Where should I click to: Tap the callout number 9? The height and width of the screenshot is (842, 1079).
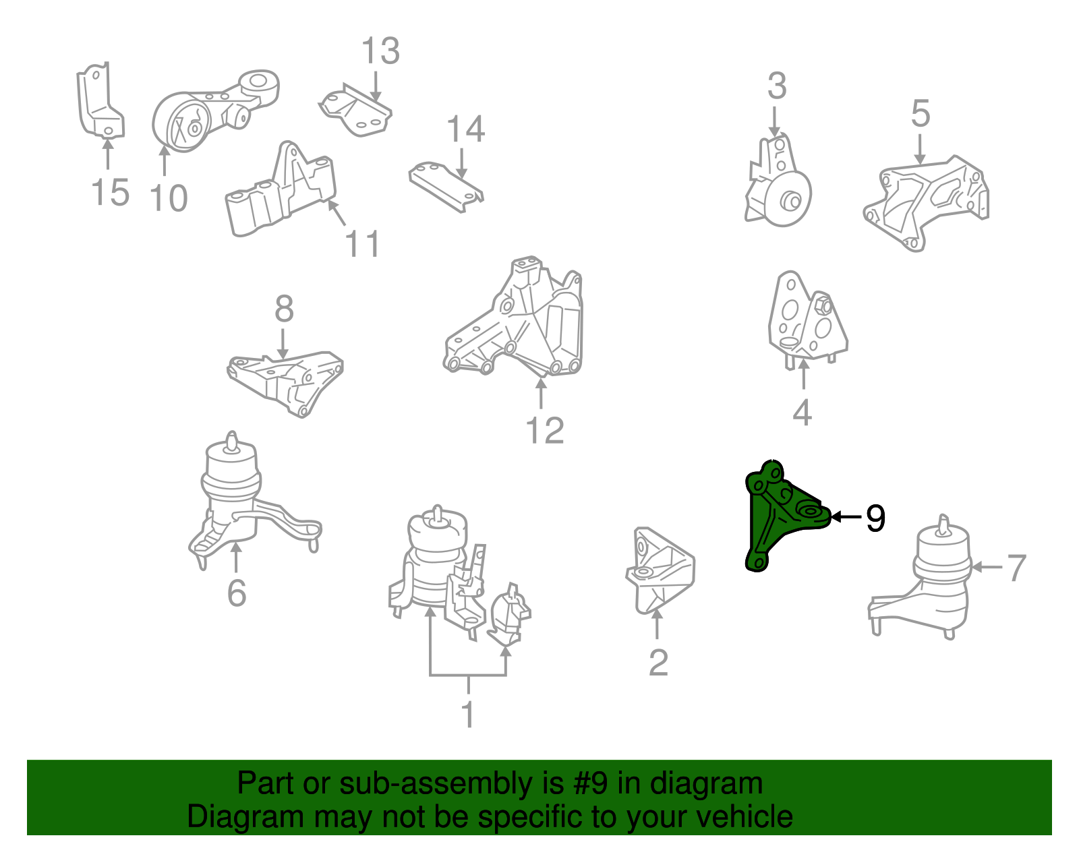click(x=875, y=518)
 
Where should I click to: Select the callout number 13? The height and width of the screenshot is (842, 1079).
click(x=380, y=51)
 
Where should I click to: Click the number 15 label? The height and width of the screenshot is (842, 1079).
click(x=110, y=193)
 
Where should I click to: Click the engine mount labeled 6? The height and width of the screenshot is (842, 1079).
click(x=236, y=499)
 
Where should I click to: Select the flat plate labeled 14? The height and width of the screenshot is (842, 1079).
click(x=445, y=185)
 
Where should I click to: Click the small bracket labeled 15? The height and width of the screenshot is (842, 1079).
click(x=98, y=101)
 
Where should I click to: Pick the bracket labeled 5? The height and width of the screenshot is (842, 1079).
click(x=927, y=199)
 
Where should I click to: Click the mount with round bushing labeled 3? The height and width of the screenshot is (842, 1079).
click(x=782, y=189)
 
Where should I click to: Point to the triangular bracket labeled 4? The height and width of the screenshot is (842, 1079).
click(x=806, y=317)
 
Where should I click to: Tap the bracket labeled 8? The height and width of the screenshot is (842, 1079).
click(x=287, y=381)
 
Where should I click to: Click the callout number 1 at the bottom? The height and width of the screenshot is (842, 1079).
click(x=468, y=715)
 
